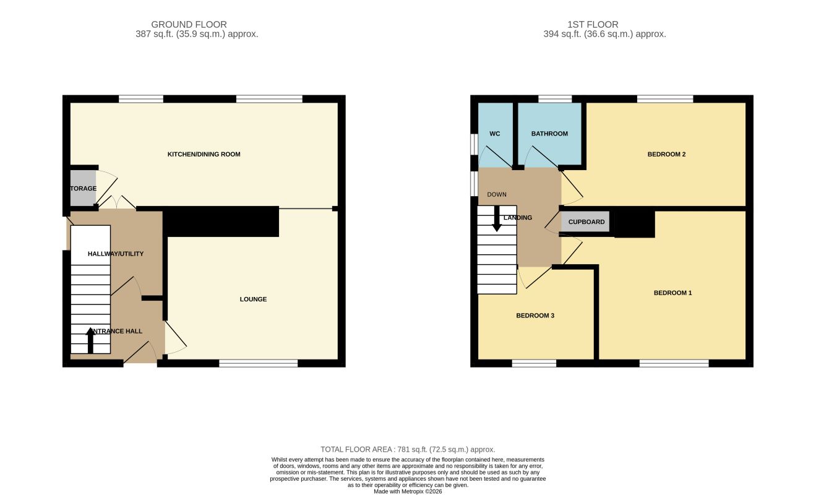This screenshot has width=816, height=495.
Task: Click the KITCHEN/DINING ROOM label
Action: point(204,155)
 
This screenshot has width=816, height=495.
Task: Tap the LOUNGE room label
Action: point(253,299)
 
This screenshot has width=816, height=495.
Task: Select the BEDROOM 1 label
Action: point(672,293)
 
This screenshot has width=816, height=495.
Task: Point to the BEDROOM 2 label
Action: point(666,155)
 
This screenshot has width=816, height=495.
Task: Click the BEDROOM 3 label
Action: point(535,316)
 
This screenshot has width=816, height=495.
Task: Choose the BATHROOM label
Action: point(549,134)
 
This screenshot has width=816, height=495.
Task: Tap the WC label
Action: point(494,134)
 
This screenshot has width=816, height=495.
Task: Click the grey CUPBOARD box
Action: point(585,222)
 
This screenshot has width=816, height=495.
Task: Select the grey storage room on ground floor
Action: point(83,188)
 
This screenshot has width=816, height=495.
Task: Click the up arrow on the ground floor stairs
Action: point(90,340)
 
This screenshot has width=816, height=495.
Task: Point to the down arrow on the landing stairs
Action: point(497,218)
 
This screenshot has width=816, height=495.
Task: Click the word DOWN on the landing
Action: point(497,194)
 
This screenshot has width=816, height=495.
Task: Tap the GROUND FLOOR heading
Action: point(189,24)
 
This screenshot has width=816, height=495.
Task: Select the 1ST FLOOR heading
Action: point(593,24)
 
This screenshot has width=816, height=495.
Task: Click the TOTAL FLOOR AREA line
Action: point(408,449)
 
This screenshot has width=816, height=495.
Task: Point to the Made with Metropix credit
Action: point(408,492)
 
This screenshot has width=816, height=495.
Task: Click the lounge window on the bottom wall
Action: point(258,363)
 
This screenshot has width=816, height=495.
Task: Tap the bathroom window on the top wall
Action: point(555,99)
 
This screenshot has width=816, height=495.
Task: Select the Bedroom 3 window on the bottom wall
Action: point(534,363)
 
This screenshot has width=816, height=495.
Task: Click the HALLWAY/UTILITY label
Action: point(116,254)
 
